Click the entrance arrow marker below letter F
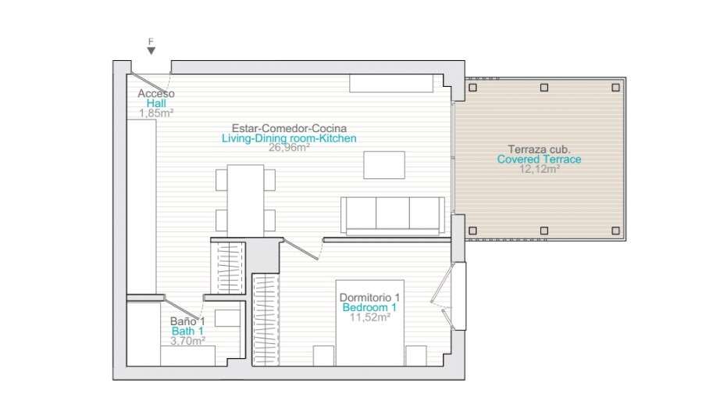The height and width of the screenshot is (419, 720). click(151, 51)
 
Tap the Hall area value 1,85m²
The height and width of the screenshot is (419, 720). click(156, 113)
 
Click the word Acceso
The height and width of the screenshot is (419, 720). click(156, 94)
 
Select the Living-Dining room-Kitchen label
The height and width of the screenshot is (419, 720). click(289, 138)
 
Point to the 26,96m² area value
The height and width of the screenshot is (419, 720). click(289, 147)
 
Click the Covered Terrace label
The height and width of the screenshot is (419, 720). click(539, 159)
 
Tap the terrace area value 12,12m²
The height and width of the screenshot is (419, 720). click(539, 169)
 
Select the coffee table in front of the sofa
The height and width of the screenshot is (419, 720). click(384, 165)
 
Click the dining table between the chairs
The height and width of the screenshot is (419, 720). click(246, 201)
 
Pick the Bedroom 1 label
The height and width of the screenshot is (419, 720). click(369, 307)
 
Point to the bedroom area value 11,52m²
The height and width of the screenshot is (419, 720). click(369, 317)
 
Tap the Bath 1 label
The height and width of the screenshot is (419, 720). click(187, 331)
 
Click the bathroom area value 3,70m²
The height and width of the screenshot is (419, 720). click(187, 341)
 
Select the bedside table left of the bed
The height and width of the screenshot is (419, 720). click(324, 356)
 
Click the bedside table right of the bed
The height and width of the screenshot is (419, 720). click(416, 356)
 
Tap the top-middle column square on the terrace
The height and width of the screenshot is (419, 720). click(544, 88)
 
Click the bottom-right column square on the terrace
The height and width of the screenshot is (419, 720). click(615, 231)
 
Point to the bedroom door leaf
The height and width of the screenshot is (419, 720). click(301, 249)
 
